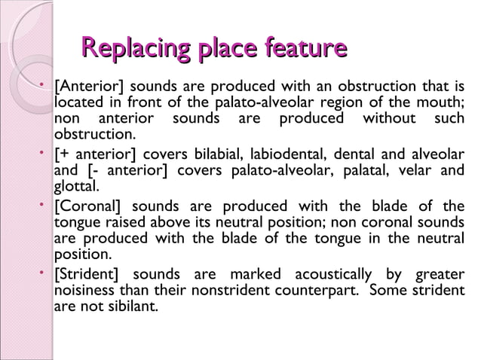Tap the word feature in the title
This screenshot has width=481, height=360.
(302, 50)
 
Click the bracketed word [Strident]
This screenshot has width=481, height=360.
(87, 274)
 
